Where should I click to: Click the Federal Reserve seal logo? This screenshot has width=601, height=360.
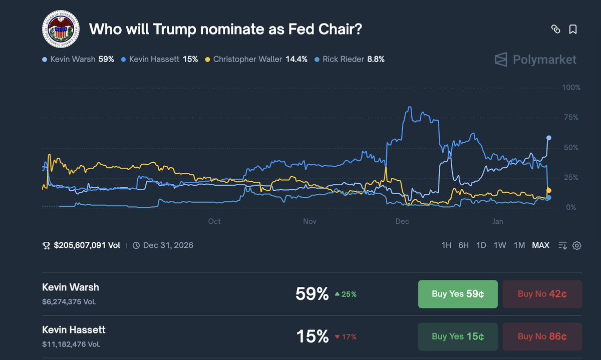click(x=61, y=29)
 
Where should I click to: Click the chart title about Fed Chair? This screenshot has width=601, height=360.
click(x=225, y=29)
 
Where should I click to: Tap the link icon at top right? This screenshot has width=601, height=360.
click(x=555, y=30)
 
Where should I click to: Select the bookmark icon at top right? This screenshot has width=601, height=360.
click(x=573, y=30)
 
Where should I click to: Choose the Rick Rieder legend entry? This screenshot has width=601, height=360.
click(x=350, y=59)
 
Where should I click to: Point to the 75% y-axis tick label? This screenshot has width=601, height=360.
click(x=571, y=118)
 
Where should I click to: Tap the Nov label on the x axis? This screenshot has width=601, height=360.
click(x=310, y=221)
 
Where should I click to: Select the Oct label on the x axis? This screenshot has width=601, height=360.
click(x=214, y=221)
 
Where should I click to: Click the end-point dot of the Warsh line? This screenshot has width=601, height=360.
click(x=549, y=138)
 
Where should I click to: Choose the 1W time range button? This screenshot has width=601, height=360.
click(x=500, y=245)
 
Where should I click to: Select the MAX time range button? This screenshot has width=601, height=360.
click(x=540, y=245)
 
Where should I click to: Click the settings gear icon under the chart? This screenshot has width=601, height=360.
click(x=577, y=245)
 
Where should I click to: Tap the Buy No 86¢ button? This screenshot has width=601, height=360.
click(x=542, y=336)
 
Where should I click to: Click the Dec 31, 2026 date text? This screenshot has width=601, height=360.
click(x=168, y=245)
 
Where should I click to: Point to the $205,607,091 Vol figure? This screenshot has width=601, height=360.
click(x=86, y=245)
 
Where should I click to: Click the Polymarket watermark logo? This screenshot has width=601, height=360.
click(x=535, y=60)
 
